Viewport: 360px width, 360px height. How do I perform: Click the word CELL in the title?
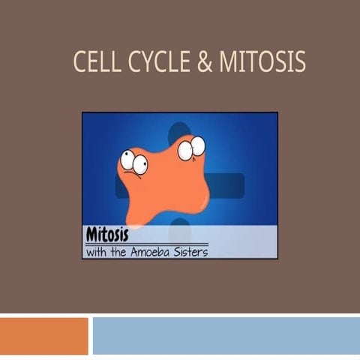pyautogui.click(x=94, y=62)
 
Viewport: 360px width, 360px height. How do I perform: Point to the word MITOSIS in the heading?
pyautogui.click(x=262, y=62)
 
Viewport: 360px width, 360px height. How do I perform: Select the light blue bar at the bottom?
pyautogui.click(x=225, y=335)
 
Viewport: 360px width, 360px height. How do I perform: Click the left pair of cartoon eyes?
pyautogui.click(x=133, y=161)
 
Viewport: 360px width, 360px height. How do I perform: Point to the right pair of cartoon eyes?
pyautogui.click(x=191, y=148)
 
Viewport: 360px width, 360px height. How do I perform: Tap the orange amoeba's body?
pyautogui.click(x=165, y=187)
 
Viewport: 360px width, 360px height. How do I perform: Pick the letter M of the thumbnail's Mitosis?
pyautogui.click(x=92, y=232)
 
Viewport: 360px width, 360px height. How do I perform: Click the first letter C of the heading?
pyautogui.click(x=79, y=62)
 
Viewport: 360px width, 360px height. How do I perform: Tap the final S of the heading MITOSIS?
pyautogui.click(x=300, y=62)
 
